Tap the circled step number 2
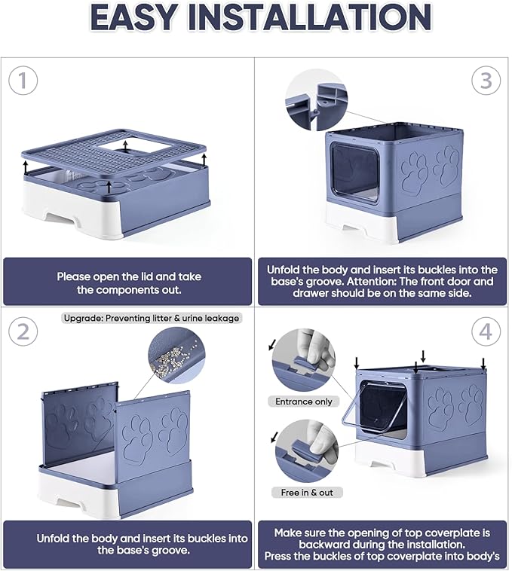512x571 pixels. (x=23, y=331)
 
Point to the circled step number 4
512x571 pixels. (x=486, y=331)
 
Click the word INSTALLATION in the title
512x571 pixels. (x=320, y=18)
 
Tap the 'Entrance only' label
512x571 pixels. (x=304, y=402)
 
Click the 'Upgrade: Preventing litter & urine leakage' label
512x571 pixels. (x=151, y=318)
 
